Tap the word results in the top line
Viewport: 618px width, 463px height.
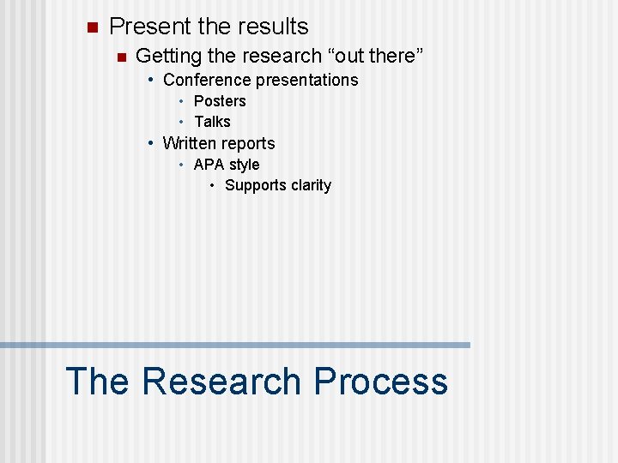click(x=269, y=27)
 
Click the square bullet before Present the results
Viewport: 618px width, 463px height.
click(x=93, y=27)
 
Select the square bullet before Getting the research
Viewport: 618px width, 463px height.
click(x=121, y=57)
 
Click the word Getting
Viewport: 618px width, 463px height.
click(x=167, y=57)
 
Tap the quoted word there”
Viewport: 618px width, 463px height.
click(x=397, y=57)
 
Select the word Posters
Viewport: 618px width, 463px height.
click(x=220, y=101)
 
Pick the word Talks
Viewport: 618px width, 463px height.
click(x=212, y=122)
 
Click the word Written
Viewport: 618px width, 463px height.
click(x=191, y=143)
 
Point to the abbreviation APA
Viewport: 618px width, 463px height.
click(x=209, y=165)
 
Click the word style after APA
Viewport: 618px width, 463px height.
click(x=244, y=165)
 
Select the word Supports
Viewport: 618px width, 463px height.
click(x=254, y=186)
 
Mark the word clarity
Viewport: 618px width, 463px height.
click(x=310, y=185)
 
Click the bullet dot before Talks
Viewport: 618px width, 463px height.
click(x=183, y=122)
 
